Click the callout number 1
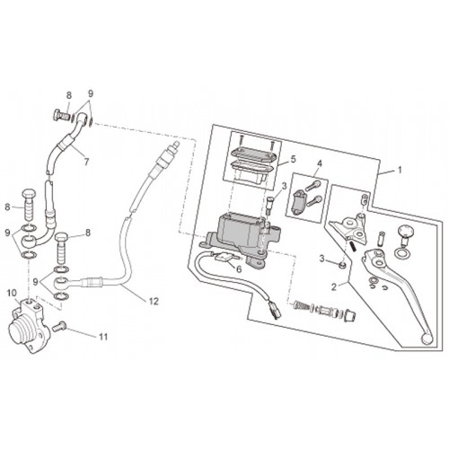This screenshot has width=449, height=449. pyautogui.click(x=400, y=171)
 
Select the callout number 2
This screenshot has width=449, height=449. pyautogui.click(x=334, y=287)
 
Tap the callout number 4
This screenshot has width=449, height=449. pyautogui.click(x=320, y=163)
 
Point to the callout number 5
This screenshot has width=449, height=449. pyautogui.click(x=293, y=159)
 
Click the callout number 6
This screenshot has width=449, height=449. pyautogui.click(x=239, y=269)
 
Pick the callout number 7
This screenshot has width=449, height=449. pyautogui.click(x=86, y=162)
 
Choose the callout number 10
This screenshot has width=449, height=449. pyautogui.click(x=13, y=294)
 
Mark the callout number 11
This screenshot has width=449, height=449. pyautogui.click(x=103, y=337)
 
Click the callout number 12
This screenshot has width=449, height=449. pyautogui.click(x=154, y=302)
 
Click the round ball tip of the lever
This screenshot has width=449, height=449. pyautogui.click(x=427, y=339)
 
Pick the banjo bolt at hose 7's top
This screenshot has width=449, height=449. pyautogui.click(x=60, y=115)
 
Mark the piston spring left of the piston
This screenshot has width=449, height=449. pyautogui.click(x=301, y=305)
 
